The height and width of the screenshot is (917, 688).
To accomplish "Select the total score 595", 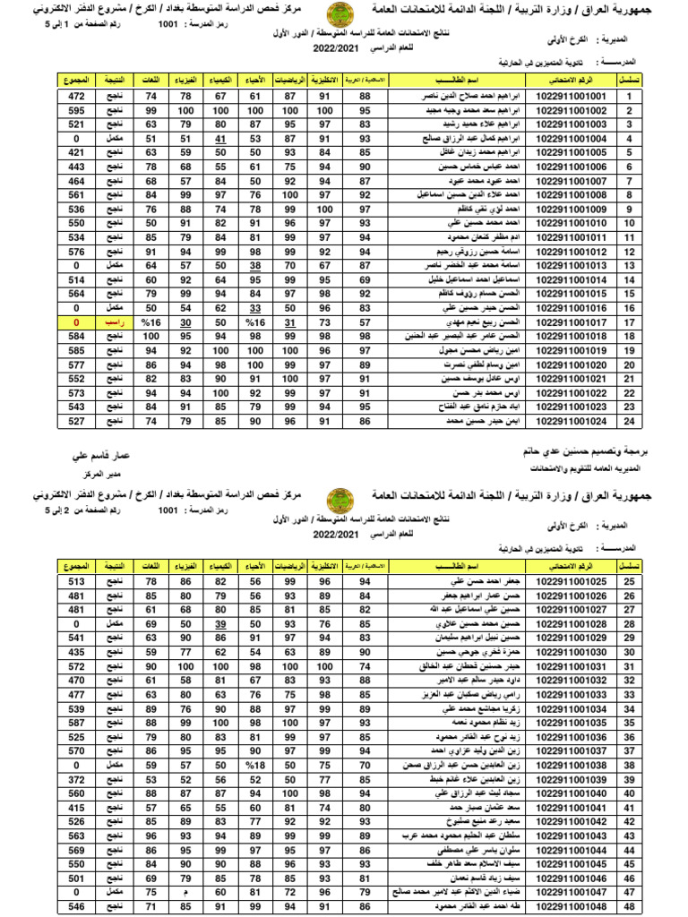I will pyautogui.click(x=77, y=110).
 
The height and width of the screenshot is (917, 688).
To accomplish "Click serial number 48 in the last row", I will pyautogui.click(x=630, y=907).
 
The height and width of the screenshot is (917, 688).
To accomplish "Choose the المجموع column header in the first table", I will pyautogui.click(x=77, y=81).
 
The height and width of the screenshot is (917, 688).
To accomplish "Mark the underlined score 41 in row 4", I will pyautogui.click(x=220, y=140).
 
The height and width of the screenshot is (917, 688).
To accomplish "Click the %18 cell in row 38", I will pyautogui.click(x=254, y=766).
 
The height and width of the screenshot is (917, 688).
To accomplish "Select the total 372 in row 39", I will pyautogui.click(x=77, y=780).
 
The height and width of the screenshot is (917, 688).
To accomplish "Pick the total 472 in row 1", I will pyautogui.click(x=77, y=96).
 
